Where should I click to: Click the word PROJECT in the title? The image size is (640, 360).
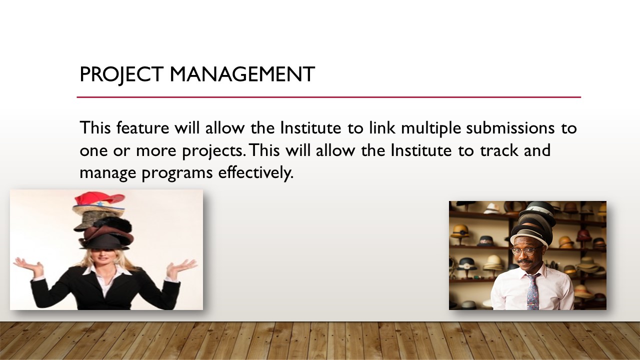121,75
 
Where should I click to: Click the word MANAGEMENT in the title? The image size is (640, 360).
242,74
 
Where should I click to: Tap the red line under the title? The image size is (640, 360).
329,97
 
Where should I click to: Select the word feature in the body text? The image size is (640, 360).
142,127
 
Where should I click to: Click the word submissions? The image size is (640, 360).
510,127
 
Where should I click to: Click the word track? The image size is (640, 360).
499,150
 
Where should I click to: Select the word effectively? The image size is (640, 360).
255,173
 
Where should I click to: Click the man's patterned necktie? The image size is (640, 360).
532,291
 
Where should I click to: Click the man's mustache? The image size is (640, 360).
525,261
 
